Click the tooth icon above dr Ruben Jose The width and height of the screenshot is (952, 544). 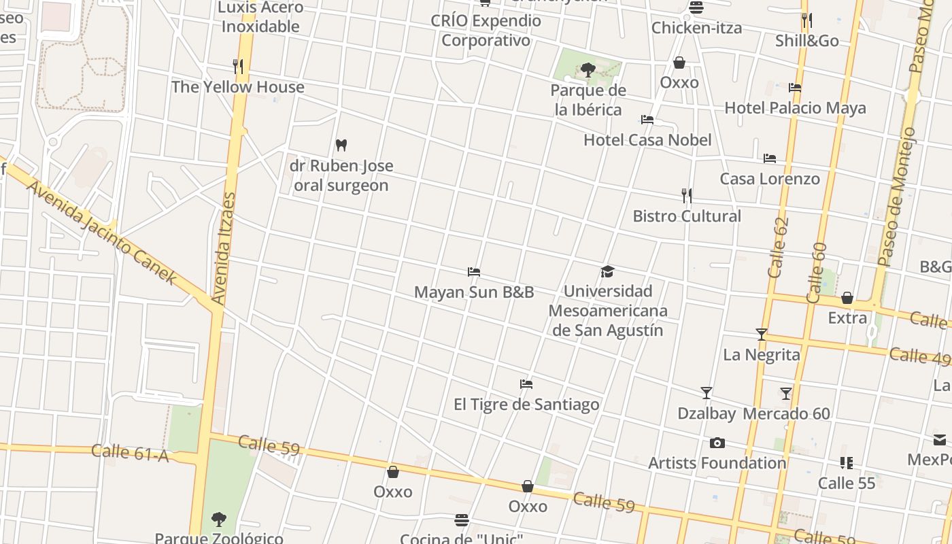click(341, 145)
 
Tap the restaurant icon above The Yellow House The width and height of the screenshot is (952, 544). click(237, 66)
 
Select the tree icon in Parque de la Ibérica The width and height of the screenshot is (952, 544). click(588, 69)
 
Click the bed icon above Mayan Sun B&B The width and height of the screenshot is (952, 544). click(474, 272)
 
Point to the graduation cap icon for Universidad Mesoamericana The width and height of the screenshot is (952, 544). click(607, 271)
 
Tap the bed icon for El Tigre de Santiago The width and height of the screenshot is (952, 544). click(526, 384)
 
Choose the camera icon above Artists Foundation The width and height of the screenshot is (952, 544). click(717, 443)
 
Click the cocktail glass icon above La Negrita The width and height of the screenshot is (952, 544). click(762, 334)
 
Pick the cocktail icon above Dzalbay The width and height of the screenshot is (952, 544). click(707, 392)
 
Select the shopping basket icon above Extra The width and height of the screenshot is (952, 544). click(847, 298)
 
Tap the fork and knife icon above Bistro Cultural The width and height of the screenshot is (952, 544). click(687, 196)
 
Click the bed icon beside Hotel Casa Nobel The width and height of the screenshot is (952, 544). click(647, 120)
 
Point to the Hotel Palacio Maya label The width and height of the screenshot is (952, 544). click(795, 107)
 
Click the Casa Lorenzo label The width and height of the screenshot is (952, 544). click(770, 178)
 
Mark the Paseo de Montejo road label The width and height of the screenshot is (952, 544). click(898, 197)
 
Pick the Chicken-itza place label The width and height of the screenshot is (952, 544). click(696, 28)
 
